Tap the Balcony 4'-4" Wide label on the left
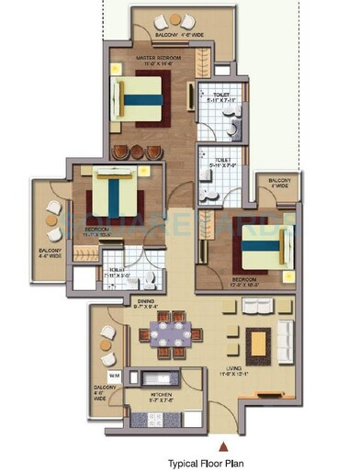pyautogui.click(x=47, y=252)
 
